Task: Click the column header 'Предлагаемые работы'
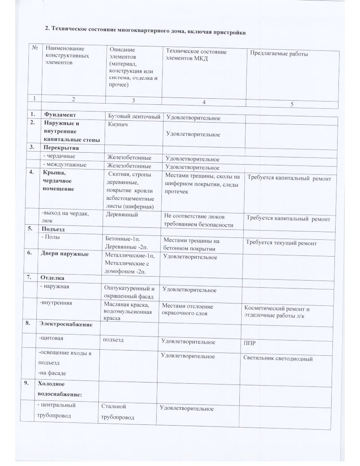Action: pos(278,54)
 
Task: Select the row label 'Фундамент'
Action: pos(60,115)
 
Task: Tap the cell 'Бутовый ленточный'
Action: pos(134,116)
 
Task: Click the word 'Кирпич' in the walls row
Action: pos(116,125)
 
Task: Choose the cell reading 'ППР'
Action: pos(250,343)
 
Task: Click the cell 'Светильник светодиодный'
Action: pos(278,358)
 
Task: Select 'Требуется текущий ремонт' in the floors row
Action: pos(281,243)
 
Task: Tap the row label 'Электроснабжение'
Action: pos(65,324)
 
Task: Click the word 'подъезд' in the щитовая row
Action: pos(113,340)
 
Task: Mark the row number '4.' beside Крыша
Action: pos(31,173)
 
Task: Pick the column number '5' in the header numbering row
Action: pos(292,104)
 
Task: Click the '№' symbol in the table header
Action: pos(35,47)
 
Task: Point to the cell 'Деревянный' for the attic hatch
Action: pos(122,215)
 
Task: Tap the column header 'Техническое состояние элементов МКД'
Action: pos(196,55)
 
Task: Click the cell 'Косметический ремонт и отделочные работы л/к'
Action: pos(277,312)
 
